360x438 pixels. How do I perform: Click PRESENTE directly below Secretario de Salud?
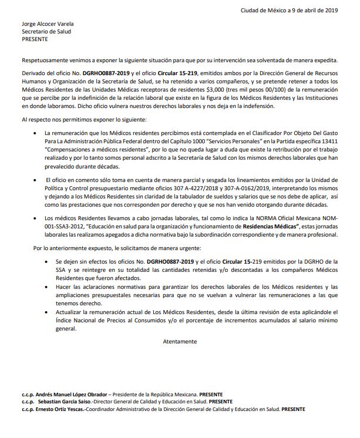(x=34, y=39)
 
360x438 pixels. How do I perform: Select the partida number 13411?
(x=329, y=141)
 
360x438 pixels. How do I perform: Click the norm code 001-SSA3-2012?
(x=61, y=226)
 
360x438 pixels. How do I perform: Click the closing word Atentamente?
(x=180, y=341)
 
